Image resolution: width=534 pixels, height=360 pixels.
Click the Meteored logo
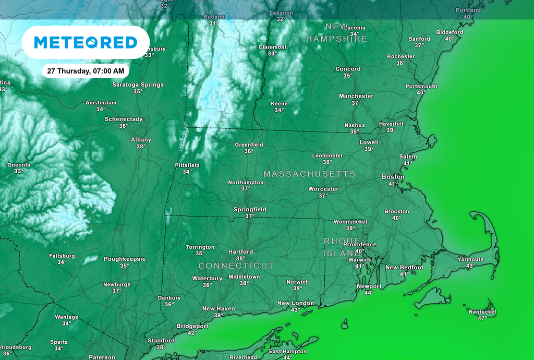click(86, 42)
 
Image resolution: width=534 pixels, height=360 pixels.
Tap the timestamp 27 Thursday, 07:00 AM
click(86, 70)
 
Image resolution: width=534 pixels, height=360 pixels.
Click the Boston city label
click(393, 177)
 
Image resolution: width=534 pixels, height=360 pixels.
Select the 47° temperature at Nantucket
click(482, 318)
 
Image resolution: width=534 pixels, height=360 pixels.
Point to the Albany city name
click(141, 140)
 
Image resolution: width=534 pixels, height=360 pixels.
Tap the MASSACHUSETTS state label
click(309, 174)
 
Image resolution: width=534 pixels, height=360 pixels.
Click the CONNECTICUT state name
click(236, 266)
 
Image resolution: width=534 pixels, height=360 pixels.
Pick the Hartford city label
click(240, 251)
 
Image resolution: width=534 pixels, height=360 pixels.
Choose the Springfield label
click(250, 210)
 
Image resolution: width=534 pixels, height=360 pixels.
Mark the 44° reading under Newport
click(369, 293)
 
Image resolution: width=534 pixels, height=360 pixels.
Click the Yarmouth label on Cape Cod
click(470, 259)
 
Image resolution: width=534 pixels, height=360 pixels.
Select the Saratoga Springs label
click(138, 85)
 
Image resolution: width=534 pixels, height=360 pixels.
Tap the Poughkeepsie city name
click(125, 259)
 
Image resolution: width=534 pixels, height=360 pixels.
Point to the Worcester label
click(323, 189)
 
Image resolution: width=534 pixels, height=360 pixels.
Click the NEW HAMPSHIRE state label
click(337, 32)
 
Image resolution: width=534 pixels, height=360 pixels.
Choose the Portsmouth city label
click(421, 86)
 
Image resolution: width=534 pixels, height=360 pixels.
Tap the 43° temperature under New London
click(296, 310)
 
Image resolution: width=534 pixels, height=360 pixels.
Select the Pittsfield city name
click(187, 165)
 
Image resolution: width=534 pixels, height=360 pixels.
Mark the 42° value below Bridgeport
click(192, 333)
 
